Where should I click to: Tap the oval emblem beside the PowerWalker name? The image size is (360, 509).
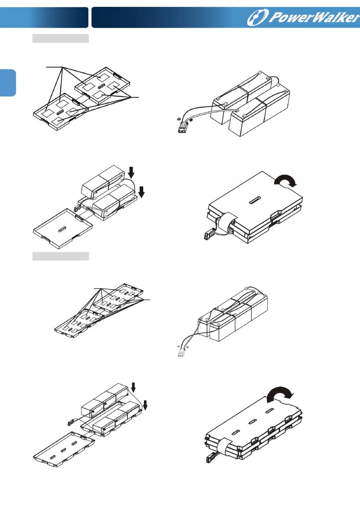[x=258, y=17]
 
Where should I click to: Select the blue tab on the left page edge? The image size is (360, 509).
[x=8, y=83]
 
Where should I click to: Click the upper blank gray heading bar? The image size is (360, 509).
[x=60, y=38]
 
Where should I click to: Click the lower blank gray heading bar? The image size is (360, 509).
[x=61, y=256]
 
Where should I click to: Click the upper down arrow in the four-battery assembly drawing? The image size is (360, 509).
[x=131, y=172]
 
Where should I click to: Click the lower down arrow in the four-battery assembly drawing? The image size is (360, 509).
[x=142, y=192]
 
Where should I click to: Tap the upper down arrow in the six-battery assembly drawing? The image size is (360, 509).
[x=133, y=387]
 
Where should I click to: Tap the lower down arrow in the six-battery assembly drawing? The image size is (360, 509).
[x=145, y=406]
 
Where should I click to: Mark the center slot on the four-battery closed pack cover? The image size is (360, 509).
[x=255, y=200]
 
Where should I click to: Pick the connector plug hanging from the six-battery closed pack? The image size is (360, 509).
[x=210, y=457]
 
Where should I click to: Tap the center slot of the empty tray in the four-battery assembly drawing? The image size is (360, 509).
[x=62, y=229]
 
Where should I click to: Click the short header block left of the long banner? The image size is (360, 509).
[x=44, y=18]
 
